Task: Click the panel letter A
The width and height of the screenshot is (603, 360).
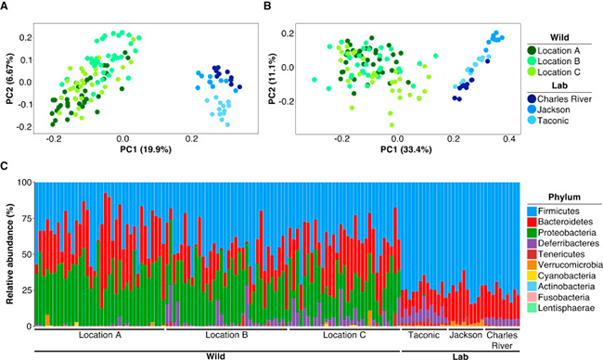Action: click(x=6, y=6)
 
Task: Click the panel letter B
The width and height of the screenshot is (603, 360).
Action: click(x=265, y=6)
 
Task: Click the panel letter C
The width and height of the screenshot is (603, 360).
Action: click(x=6, y=168)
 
